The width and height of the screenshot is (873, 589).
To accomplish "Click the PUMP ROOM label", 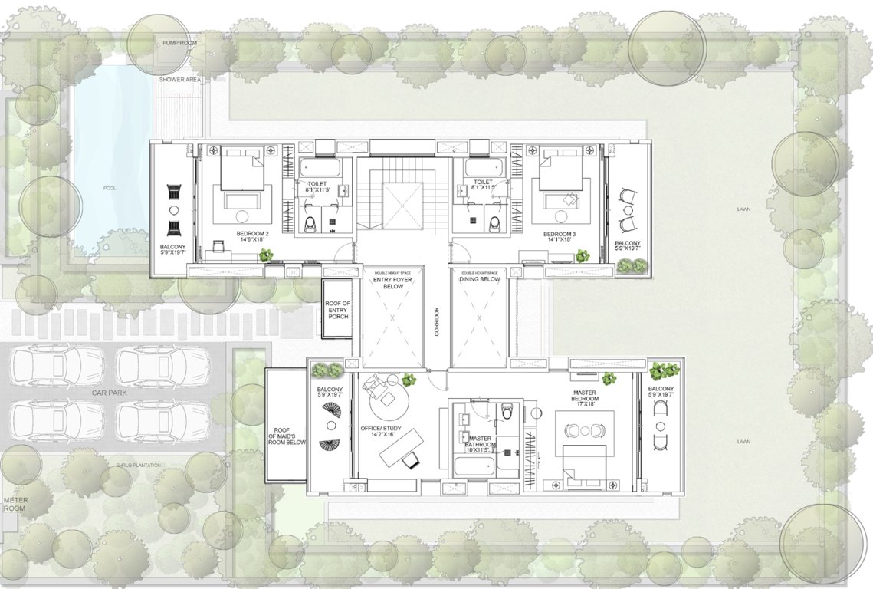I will (179, 44).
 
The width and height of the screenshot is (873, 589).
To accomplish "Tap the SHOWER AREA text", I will (179, 79).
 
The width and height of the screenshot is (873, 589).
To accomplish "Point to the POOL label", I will (110, 188).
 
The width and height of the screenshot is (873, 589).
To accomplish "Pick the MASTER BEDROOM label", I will (584, 398).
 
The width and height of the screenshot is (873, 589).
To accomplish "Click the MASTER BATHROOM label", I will (480, 440).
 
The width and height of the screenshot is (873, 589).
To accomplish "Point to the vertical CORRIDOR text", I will (436, 322).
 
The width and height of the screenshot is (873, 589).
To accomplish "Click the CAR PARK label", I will (109, 393).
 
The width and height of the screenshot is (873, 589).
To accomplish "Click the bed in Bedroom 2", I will (242, 170).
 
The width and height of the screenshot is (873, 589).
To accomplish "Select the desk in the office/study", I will (400, 447).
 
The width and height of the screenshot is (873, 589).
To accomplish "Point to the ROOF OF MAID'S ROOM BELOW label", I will (287, 436).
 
